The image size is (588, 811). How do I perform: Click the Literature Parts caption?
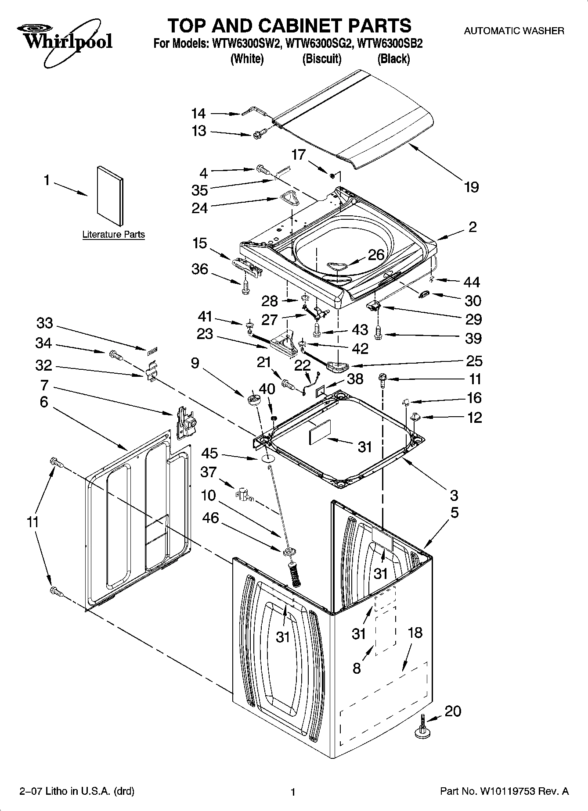click(x=113, y=234)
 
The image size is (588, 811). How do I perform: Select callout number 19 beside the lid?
click(x=471, y=188)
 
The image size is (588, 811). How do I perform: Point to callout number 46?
click(x=210, y=518)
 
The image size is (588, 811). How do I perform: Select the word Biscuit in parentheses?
click(x=322, y=59)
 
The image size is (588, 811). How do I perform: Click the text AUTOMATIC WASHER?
click(x=514, y=31)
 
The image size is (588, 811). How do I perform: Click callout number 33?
click(x=45, y=323)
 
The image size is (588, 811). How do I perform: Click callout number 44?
click(x=472, y=282)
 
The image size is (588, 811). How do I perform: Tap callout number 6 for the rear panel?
click(x=43, y=401)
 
